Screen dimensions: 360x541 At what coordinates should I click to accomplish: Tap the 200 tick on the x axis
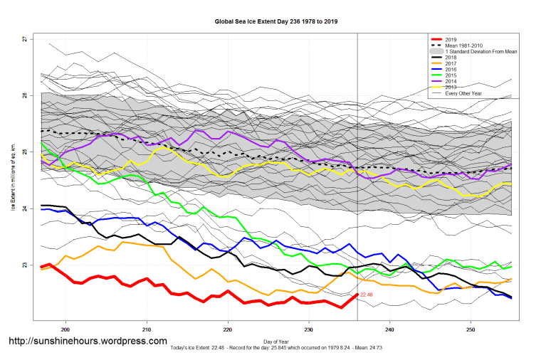pos(65,330)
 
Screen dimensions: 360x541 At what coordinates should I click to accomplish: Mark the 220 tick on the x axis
pos(228,330)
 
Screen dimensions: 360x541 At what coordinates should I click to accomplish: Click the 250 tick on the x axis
pos(471,330)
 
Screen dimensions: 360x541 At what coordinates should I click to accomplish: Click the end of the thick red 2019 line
pos(357,295)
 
